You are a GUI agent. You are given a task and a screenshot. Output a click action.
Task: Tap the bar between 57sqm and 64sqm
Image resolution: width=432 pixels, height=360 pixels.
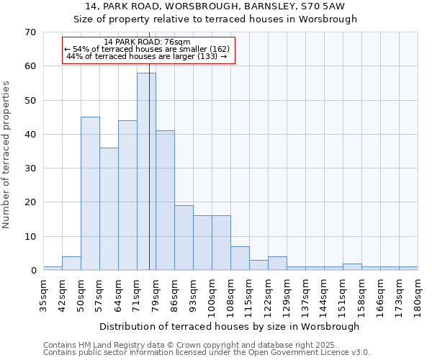pos(109,209)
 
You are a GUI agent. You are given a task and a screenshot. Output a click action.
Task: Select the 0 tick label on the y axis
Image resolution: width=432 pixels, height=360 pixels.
pos(32,271)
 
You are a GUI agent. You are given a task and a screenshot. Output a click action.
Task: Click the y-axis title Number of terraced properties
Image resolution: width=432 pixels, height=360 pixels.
pos(6,155)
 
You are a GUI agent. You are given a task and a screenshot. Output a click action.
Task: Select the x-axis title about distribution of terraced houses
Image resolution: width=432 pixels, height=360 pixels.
pos(229,326)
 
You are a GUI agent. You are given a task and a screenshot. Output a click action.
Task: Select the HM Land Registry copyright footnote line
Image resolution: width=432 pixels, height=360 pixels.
pos(206,345)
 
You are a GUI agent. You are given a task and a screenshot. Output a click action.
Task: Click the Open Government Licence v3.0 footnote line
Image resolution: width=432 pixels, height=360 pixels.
pos(206,353)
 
